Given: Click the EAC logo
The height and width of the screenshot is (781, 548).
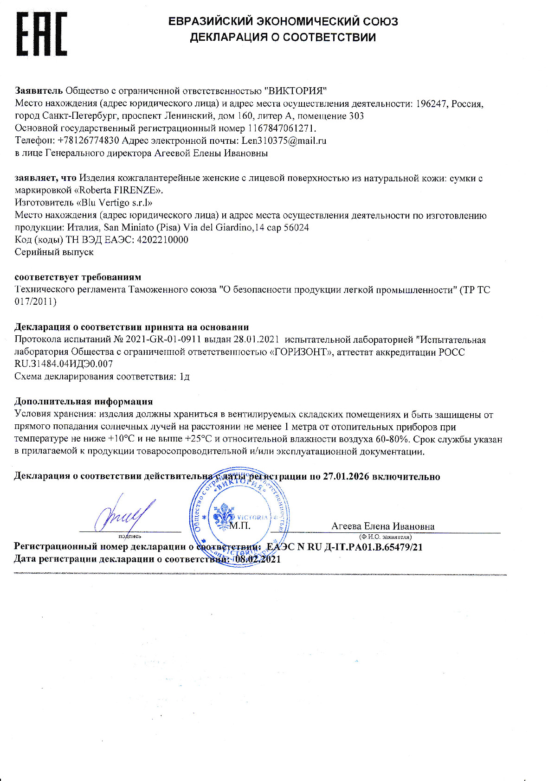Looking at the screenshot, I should pyautogui.click(x=42, y=34).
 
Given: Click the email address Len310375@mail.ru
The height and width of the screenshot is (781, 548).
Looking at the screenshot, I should pyautogui.click(x=284, y=141).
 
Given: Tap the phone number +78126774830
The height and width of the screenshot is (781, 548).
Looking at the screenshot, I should pyautogui.click(x=88, y=141).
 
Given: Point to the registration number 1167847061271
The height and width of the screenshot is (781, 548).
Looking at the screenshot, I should pyautogui.click(x=282, y=128).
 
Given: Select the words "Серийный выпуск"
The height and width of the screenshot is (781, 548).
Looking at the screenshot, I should pyautogui.click(x=54, y=252).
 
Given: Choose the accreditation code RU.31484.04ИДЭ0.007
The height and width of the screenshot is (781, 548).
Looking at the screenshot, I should pyautogui.click(x=64, y=364).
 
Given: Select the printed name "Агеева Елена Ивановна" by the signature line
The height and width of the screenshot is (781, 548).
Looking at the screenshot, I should pyautogui.click(x=383, y=526).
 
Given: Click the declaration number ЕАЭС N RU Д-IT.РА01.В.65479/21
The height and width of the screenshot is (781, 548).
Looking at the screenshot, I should pyautogui.click(x=344, y=547).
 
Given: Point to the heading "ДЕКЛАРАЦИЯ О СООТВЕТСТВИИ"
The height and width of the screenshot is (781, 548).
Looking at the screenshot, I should pyautogui.click(x=283, y=37).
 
